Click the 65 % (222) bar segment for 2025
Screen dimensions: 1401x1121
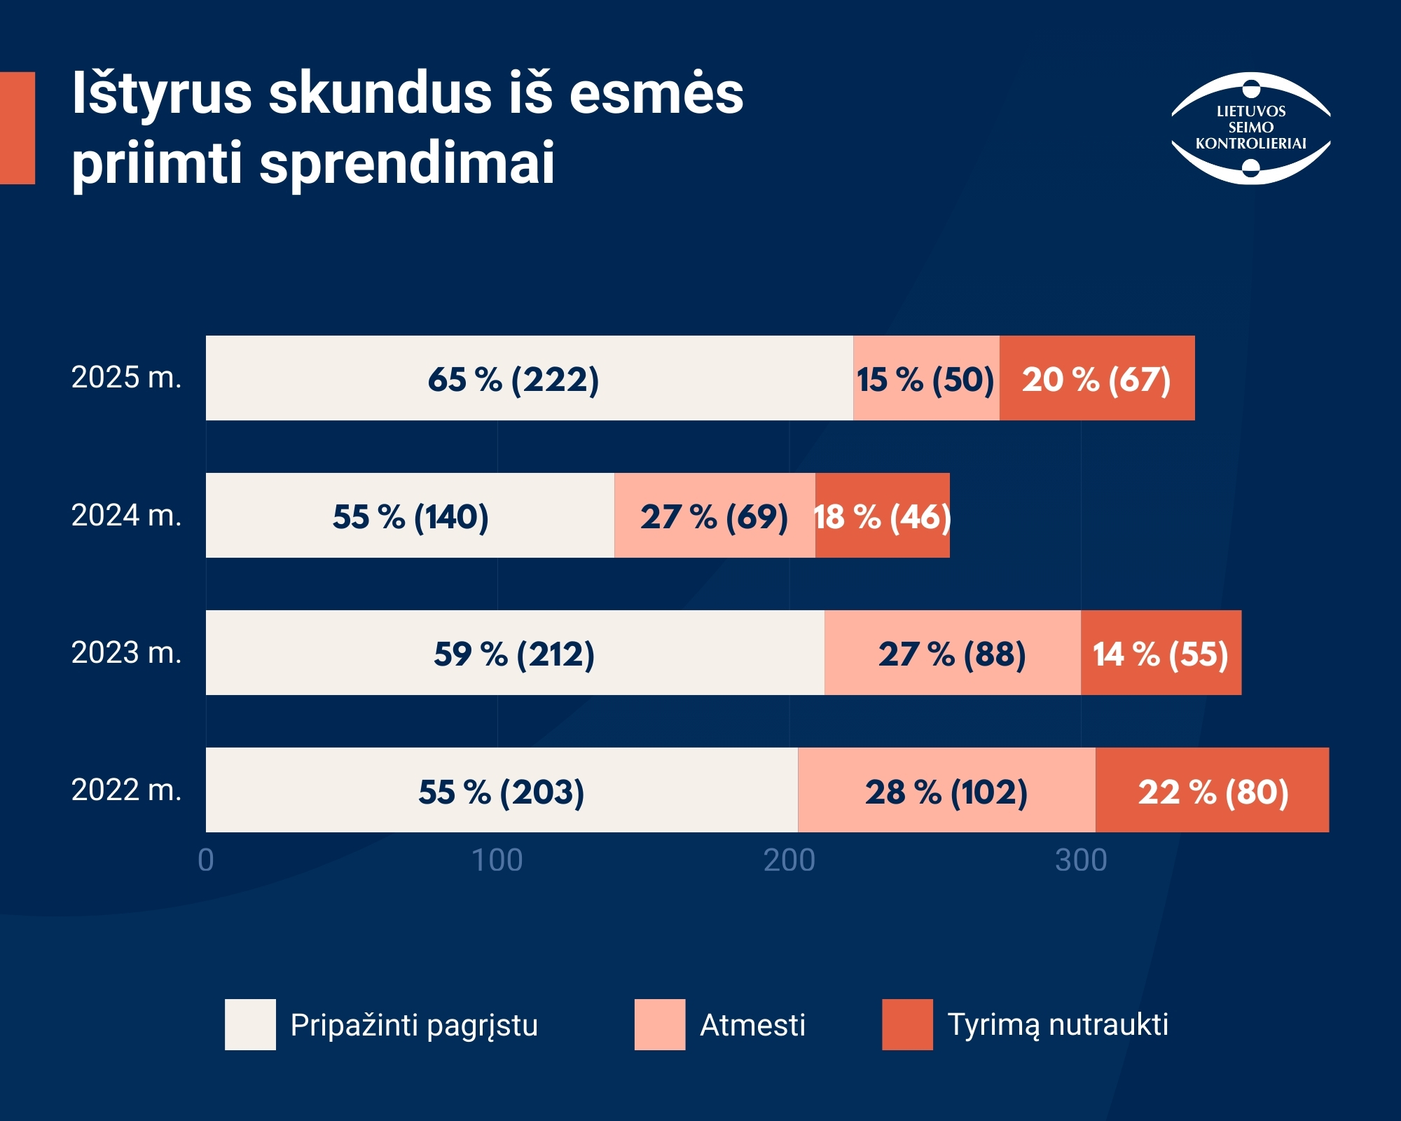point(530,378)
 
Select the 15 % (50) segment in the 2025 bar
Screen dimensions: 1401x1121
point(927,378)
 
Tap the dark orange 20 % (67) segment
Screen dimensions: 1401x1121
point(1097,378)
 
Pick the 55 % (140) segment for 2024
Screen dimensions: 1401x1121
point(410,516)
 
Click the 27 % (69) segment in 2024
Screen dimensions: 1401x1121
point(715,516)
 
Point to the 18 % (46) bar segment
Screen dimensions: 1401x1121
point(883,516)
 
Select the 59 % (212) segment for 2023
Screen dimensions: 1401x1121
point(515,653)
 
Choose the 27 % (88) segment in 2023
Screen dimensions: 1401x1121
point(953,653)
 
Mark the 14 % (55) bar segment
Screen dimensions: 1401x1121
point(1161,653)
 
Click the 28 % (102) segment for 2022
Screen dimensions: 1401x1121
point(947,790)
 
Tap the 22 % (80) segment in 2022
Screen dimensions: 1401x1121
point(1213,790)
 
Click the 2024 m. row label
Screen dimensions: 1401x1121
point(127,516)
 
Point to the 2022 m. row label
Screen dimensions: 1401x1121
point(127,790)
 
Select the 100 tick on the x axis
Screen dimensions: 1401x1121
point(497,860)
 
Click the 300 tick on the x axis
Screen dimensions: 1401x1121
point(1081,860)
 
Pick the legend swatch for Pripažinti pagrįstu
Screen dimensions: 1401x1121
point(250,1024)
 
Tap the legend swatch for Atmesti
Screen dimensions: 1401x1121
point(660,1024)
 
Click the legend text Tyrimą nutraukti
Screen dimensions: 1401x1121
point(1058,1025)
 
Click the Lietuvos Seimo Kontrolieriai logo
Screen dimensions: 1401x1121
point(1251,128)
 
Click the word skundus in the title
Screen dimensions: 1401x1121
point(381,93)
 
